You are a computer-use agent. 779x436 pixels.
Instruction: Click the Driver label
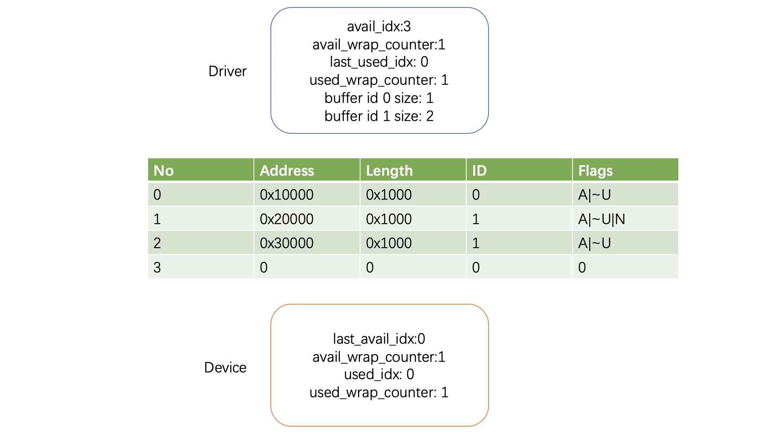228,71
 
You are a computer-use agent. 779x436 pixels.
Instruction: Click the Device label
225,368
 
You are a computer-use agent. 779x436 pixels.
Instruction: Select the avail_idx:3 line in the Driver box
379,26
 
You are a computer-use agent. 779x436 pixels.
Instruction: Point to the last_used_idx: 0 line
379,62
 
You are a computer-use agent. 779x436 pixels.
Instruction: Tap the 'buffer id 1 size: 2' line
379,116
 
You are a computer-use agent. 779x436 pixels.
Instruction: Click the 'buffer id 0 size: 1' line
379,98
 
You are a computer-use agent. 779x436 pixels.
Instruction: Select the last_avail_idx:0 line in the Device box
379,339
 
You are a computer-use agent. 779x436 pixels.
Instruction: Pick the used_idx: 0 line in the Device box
379,374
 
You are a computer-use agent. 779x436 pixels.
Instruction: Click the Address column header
287,170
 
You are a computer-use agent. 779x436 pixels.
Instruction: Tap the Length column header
389,171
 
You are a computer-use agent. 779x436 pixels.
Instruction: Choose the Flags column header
595,171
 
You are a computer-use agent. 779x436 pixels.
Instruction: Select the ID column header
480,170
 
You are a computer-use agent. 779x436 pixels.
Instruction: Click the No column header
164,170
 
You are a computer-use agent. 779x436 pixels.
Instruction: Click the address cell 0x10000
287,195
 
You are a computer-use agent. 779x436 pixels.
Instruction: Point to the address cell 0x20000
287,219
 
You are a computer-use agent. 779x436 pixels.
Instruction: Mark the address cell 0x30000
287,243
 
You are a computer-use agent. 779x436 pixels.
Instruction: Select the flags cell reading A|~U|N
601,219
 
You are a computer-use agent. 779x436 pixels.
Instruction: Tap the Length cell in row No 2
389,243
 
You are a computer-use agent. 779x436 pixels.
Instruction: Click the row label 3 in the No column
157,268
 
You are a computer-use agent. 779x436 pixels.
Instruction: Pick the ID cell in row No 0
476,195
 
